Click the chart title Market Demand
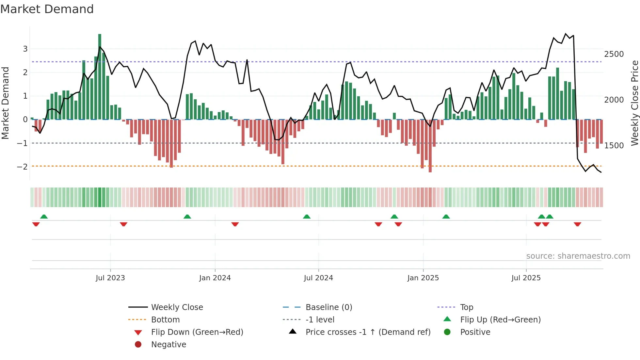tap(47, 9)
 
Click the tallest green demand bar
tap(100, 77)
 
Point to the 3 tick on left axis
tap(25, 49)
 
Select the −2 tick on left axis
tap(22, 167)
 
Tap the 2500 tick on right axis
tap(614, 54)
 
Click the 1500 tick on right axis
tap(614, 146)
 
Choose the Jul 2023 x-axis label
tap(110, 278)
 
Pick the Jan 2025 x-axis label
tap(423, 278)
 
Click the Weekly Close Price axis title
tap(634, 103)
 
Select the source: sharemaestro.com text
tap(578, 256)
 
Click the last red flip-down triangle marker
tap(577, 224)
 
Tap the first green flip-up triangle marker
tap(44, 217)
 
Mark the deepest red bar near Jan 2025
tap(430, 146)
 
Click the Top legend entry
tap(466, 307)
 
